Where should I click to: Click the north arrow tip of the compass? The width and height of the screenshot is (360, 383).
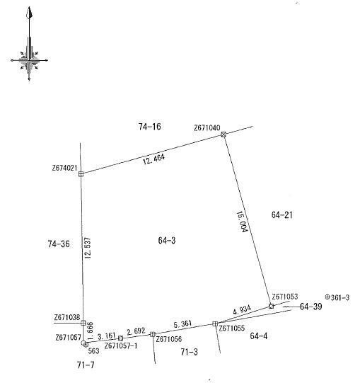30,7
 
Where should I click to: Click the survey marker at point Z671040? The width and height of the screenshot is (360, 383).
223,135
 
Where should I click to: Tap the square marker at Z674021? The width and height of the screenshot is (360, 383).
81,174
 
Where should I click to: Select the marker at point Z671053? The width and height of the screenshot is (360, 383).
271,306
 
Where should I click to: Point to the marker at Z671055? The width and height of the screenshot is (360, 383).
215,324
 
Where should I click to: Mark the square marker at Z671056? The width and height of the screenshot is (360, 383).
152,334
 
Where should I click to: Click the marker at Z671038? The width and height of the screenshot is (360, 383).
83,323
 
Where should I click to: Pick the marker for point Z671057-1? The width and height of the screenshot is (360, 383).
120,338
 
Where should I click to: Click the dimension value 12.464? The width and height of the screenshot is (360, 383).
153,159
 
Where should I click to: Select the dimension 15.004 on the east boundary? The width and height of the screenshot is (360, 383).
242,222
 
